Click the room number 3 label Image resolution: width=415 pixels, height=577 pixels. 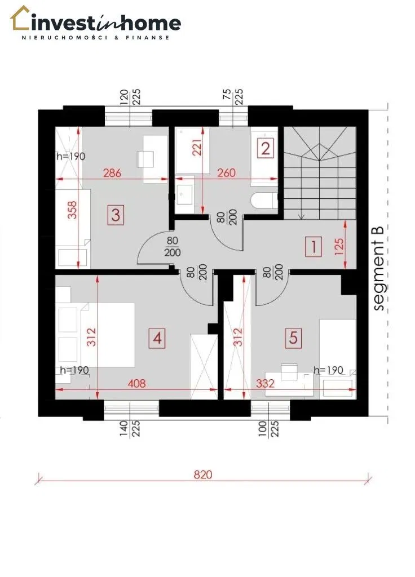coord(116,215)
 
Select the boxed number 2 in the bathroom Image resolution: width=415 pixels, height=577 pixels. coord(265,148)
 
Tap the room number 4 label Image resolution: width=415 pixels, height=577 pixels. coord(157,338)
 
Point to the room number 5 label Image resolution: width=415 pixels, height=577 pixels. coord(293,338)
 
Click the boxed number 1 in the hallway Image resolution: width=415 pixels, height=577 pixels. coord(314,246)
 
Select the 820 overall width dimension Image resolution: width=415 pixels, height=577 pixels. coord(203,474)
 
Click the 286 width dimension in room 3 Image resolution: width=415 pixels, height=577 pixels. coord(112,172)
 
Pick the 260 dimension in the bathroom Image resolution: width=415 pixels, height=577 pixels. coord(226,172)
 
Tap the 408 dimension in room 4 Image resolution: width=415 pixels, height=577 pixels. coord(136,384)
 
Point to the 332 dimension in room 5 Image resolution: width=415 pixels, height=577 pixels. coord(265,384)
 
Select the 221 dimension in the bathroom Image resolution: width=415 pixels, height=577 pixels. coord(197,147)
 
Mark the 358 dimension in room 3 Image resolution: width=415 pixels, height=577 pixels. coord(73,210)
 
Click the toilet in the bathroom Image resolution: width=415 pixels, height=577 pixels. coord(264,201)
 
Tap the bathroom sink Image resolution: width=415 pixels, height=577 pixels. coord(184,194)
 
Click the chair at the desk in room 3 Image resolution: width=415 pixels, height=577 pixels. coord(144,159)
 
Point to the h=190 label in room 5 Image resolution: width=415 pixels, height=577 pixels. coord(329,370)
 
